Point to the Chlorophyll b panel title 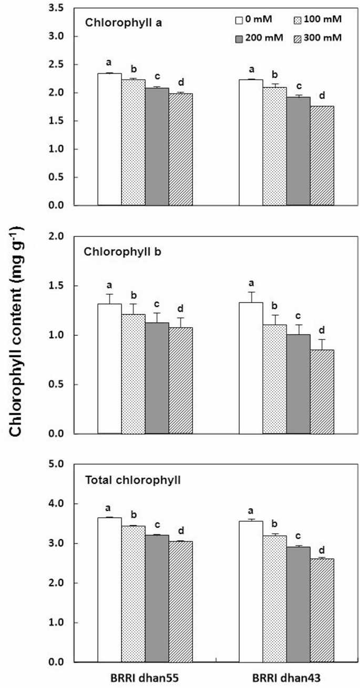click(116, 251)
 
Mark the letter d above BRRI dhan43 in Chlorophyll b click(322, 331)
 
